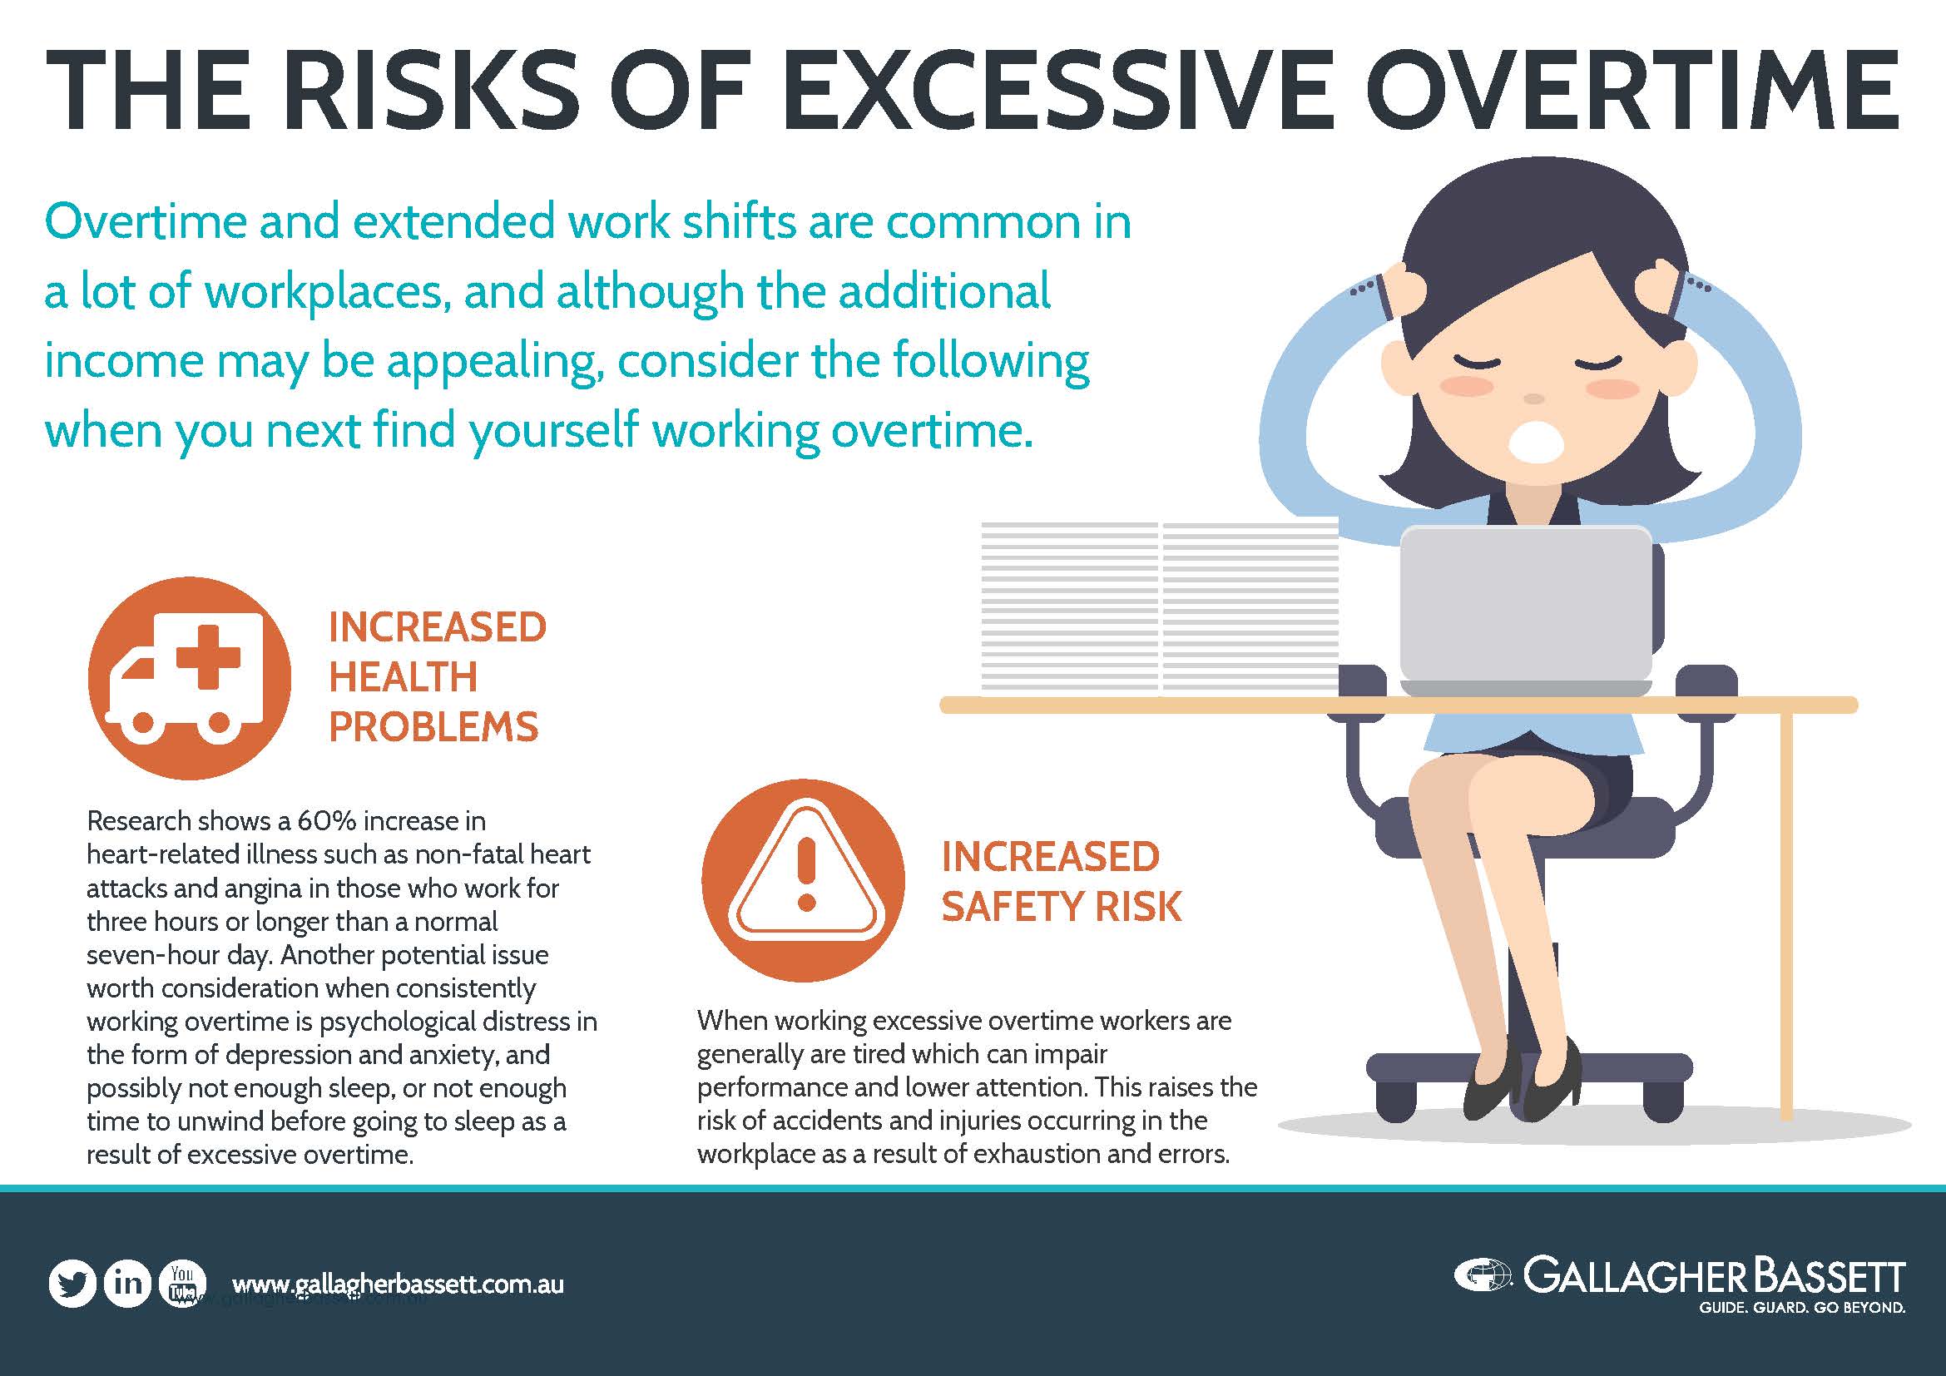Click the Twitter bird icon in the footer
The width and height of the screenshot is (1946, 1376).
pos(72,1283)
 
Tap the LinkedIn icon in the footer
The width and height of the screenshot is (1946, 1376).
pos(127,1283)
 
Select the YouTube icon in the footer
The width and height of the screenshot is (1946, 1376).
pos(181,1283)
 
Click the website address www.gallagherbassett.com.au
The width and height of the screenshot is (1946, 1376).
pos(397,1284)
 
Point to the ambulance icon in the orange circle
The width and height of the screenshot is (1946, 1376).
pos(189,678)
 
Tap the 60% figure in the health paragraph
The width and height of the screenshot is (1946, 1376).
pos(328,821)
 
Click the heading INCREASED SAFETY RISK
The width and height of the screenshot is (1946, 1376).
pos(1059,881)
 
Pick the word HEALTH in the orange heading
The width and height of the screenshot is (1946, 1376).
pos(403,677)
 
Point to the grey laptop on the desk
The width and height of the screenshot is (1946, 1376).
pos(1525,610)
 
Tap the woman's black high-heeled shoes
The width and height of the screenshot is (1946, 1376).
pos(1526,1085)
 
